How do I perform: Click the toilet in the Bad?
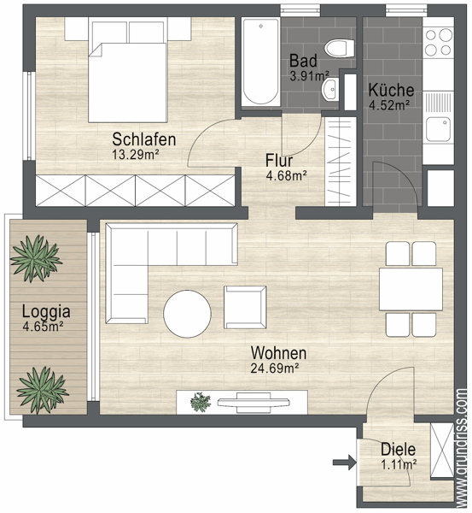[x=339, y=49]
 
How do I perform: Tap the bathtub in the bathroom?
[x=260, y=62]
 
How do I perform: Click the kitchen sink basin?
[x=439, y=129]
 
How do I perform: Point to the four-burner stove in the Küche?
[x=439, y=42]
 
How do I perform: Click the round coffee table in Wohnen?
[x=187, y=314]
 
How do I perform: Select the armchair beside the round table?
[x=245, y=307]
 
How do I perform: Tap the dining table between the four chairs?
[x=411, y=289]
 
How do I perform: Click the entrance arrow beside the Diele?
[x=344, y=463]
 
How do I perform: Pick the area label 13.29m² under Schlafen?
[x=136, y=155]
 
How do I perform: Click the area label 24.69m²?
[x=275, y=369]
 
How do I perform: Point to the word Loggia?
[x=46, y=312]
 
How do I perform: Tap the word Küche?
[x=391, y=90]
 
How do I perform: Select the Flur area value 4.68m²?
[x=287, y=176]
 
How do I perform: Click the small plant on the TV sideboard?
[x=201, y=402]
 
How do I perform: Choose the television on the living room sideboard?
[x=253, y=403]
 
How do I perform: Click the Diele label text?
[x=399, y=450]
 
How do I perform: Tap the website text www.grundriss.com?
[x=463, y=447]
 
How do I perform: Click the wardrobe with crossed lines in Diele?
[x=442, y=451]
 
